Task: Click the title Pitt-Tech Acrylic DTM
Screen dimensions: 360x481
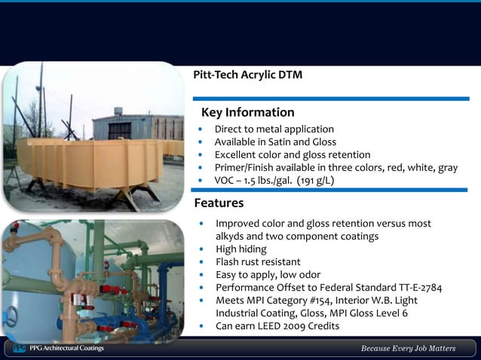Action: tap(248, 75)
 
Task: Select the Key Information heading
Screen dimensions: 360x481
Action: tap(247, 112)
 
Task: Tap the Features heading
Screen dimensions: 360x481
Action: tap(219, 203)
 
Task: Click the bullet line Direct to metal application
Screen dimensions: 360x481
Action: tap(274, 130)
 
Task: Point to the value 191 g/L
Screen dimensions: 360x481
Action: tap(315, 181)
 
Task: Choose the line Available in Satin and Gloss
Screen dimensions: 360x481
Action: tap(275, 142)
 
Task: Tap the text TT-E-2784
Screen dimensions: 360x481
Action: tap(416, 288)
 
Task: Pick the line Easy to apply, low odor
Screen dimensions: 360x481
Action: tap(268, 275)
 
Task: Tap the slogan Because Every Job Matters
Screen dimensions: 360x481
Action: tap(408, 349)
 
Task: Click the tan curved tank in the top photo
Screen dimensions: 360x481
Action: tap(90, 161)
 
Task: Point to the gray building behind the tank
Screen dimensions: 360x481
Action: tap(147, 124)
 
